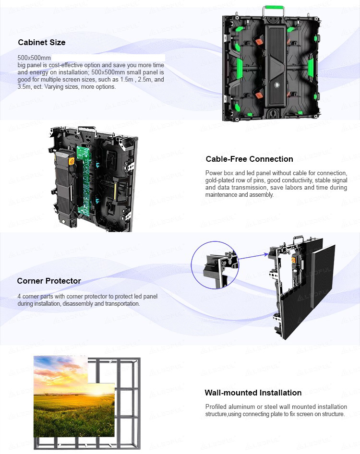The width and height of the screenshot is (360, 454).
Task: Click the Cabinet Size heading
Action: tap(42, 42)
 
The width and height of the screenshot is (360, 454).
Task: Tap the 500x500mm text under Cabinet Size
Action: tap(34, 58)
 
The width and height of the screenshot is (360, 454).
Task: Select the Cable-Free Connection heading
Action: tap(250, 159)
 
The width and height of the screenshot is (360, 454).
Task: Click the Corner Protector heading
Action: tap(49, 281)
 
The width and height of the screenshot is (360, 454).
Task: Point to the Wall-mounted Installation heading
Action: tap(253, 393)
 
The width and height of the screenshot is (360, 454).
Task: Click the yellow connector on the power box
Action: tap(71, 161)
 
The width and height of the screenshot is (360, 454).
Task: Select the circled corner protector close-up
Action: tap(215, 265)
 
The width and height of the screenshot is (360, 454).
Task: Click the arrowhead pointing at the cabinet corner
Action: tap(266, 254)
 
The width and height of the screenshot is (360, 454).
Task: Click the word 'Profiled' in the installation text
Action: tap(216, 406)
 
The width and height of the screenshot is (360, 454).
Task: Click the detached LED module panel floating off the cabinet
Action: tap(323, 277)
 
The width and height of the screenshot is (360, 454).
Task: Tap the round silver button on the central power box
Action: tap(277, 85)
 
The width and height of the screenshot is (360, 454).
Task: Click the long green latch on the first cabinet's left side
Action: tap(240, 68)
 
